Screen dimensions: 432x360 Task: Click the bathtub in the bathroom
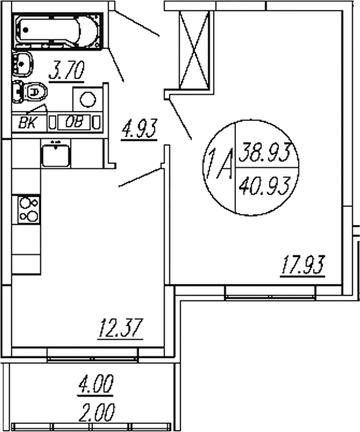(x=57, y=32)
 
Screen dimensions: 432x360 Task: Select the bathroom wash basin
(x=22, y=63)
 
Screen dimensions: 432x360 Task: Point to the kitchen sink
(x=55, y=154)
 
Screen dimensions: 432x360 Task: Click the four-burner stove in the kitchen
(x=29, y=209)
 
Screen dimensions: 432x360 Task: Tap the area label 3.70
(x=66, y=72)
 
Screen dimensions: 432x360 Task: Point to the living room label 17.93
(x=304, y=266)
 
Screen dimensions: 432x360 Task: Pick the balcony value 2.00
(x=96, y=411)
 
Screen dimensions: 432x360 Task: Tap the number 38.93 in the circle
(x=265, y=152)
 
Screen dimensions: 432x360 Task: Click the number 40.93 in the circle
(x=265, y=184)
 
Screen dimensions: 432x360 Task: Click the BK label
(x=27, y=122)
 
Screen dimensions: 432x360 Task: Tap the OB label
(x=74, y=122)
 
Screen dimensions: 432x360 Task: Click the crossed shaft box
(x=194, y=50)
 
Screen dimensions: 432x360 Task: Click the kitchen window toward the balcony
(x=92, y=355)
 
